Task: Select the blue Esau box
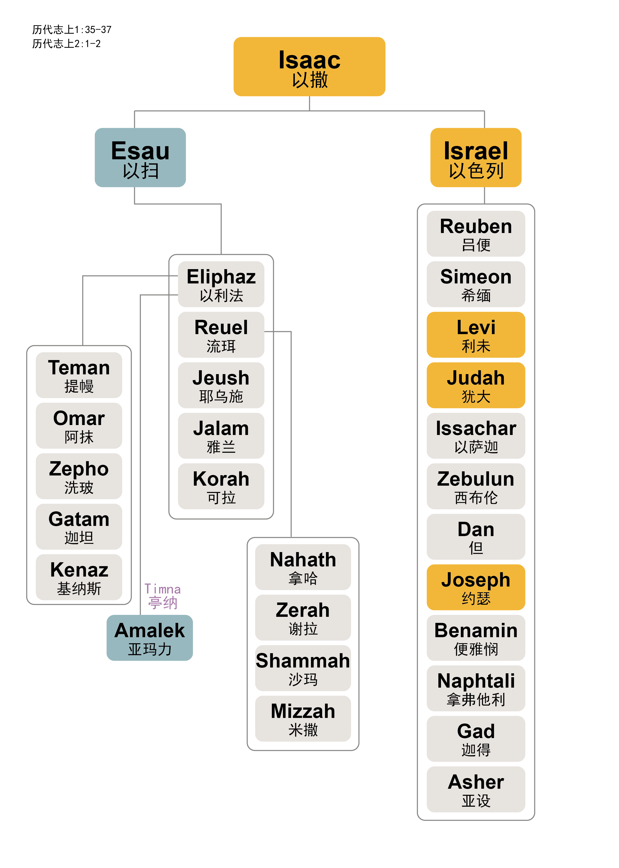click(140, 157)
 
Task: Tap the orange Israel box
click(476, 157)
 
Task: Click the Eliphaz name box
click(221, 284)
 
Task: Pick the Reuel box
click(221, 335)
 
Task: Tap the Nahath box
click(303, 567)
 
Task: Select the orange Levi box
click(476, 335)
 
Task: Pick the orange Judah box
click(476, 385)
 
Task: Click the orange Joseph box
click(476, 587)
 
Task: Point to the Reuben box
click(476, 233)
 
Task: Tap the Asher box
click(476, 789)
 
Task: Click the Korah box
click(221, 486)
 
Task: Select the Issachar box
click(476, 435)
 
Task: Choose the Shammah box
click(303, 668)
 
